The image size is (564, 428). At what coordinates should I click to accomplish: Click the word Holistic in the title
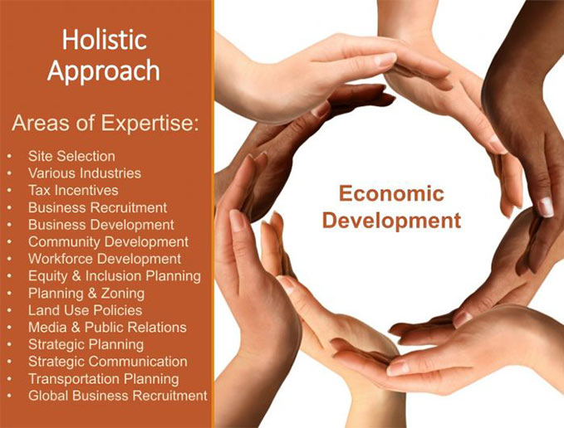[x=105, y=39]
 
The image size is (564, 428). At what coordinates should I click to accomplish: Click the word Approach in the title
[x=104, y=71]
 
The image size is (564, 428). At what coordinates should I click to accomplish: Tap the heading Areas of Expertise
[x=105, y=124]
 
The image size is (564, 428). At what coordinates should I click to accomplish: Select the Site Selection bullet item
[x=71, y=156]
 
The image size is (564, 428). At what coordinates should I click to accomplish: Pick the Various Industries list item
[x=84, y=173]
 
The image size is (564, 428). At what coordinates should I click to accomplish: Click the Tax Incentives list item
[x=73, y=190]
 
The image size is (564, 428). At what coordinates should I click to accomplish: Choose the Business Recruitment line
[x=97, y=207]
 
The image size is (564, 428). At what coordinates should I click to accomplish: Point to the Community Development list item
[x=108, y=242]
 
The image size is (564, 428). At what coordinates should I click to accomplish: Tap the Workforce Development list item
[x=104, y=259]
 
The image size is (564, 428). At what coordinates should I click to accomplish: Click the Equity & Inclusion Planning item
[x=114, y=275]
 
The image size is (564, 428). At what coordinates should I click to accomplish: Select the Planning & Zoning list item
[x=86, y=293]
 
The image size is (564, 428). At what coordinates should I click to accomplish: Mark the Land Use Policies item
[x=85, y=310]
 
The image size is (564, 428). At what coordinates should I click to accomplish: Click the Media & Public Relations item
[x=107, y=327]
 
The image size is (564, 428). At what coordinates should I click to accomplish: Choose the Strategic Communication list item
[x=107, y=362]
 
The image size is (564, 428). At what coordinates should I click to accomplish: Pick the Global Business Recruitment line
[x=117, y=396]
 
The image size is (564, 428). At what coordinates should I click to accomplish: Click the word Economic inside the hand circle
[x=391, y=194]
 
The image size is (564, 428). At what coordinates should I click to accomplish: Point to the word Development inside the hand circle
[x=391, y=221]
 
